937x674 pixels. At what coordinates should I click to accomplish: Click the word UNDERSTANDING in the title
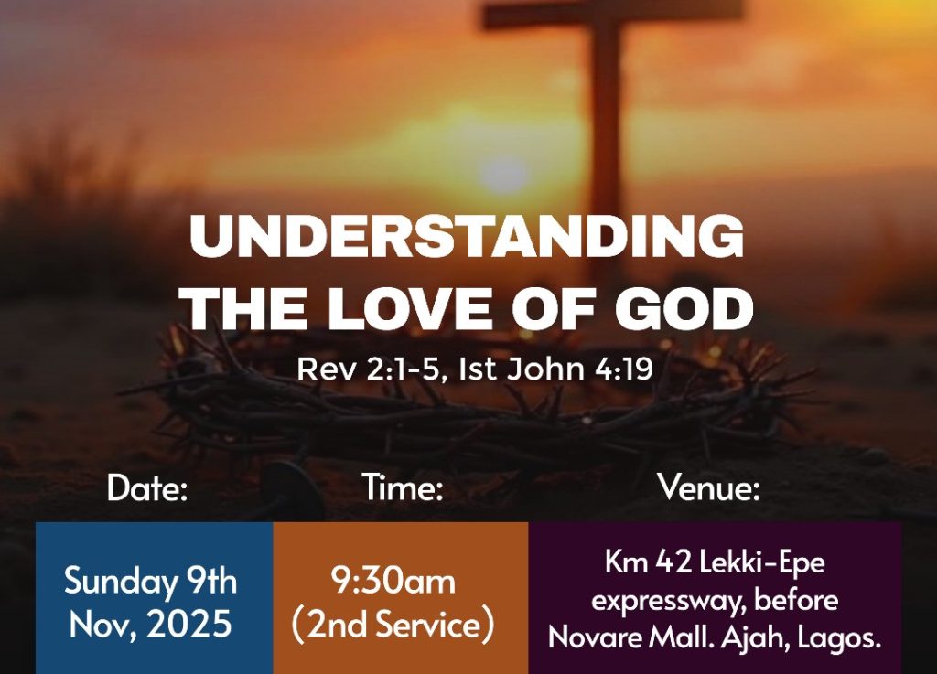pyautogui.click(x=467, y=236)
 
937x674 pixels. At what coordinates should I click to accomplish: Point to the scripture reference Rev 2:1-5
pyautogui.click(x=371, y=369)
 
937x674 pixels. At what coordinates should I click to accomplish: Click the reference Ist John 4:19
pyautogui.click(x=555, y=369)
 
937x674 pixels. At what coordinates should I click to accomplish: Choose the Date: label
pyautogui.click(x=147, y=487)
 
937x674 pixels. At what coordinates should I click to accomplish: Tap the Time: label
pyautogui.click(x=403, y=487)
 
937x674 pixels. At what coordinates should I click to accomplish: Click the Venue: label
pyautogui.click(x=709, y=487)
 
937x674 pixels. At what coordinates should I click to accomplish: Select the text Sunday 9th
pyautogui.click(x=150, y=581)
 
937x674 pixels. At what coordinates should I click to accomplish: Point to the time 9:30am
pyautogui.click(x=393, y=581)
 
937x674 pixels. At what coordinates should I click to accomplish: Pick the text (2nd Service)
pyautogui.click(x=393, y=625)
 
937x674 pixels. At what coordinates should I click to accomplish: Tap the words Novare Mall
pyautogui.click(x=631, y=638)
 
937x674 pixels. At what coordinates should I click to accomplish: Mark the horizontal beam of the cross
pyautogui.click(x=612, y=13)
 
